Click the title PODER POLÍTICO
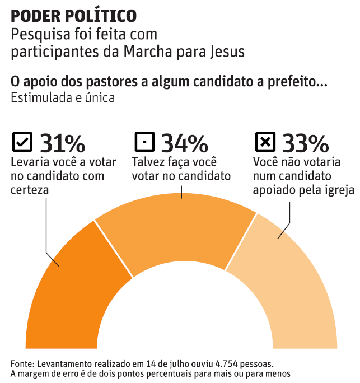73,15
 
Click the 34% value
184,143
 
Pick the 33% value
305,143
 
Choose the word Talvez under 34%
146,162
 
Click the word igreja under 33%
339,190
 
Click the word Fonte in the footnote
22,362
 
